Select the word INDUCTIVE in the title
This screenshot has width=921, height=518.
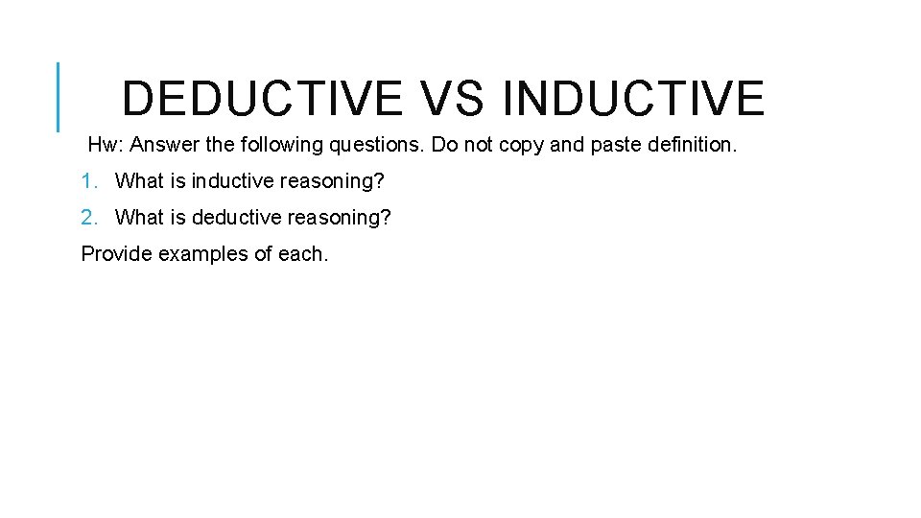point(633,99)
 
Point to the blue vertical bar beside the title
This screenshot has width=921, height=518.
point(59,96)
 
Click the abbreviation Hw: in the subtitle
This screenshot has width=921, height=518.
point(106,146)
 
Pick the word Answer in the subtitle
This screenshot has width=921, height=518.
point(163,146)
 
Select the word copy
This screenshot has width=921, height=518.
point(523,146)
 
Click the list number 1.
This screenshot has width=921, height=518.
point(89,181)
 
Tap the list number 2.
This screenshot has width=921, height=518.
point(89,218)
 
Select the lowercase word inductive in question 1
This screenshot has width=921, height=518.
point(233,181)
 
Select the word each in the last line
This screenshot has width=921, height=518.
point(302,254)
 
